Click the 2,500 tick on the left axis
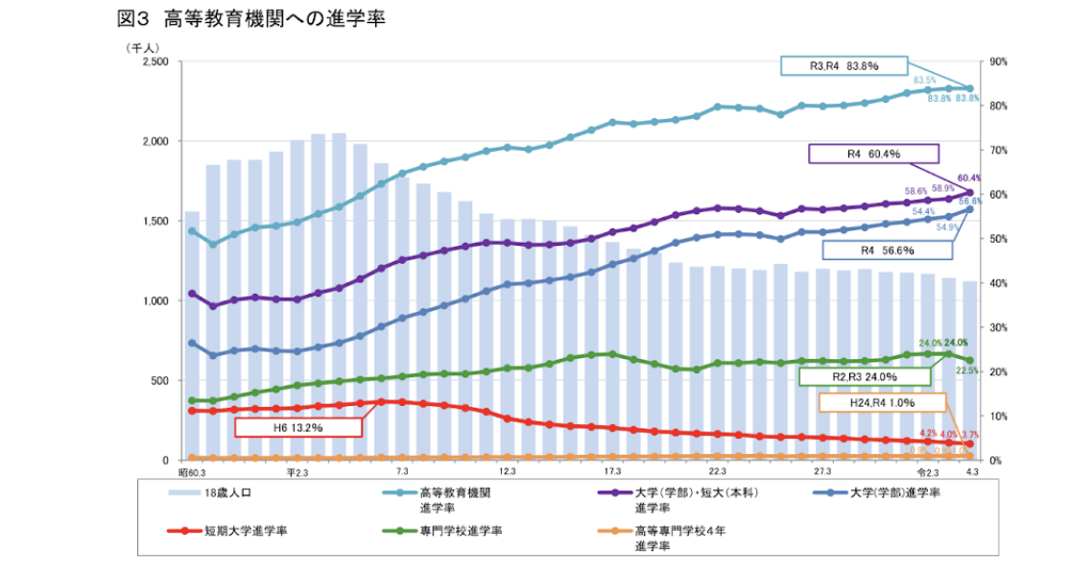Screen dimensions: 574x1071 pyautogui.click(x=155, y=61)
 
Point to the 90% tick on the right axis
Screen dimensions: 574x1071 pyautogui.click(x=996, y=61)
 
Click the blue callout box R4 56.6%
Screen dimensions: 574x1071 pyautogui.click(x=888, y=251)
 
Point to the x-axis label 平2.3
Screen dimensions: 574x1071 pyautogui.click(x=297, y=473)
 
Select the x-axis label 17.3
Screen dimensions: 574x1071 pyautogui.click(x=612, y=473)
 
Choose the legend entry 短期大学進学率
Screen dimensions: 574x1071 pyautogui.click(x=241, y=529)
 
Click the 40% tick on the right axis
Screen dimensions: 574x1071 pyautogui.click(x=996, y=283)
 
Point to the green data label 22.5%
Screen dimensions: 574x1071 pyautogui.click(x=966, y=370)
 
